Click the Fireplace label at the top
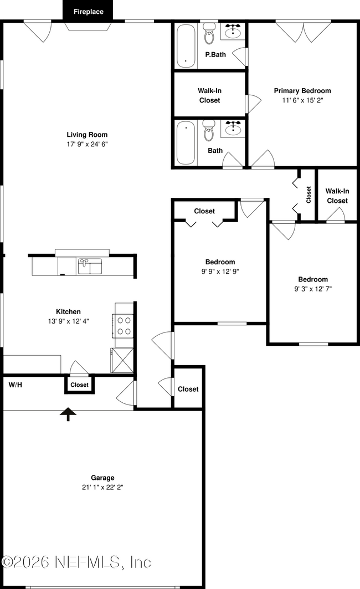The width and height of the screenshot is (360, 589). pos(89,12)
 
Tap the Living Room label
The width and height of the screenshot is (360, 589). pos(87,135)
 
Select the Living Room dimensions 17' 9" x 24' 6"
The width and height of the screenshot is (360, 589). pos(87,144)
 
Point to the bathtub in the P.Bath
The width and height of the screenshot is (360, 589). pos(186,46)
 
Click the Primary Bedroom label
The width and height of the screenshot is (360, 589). pos(302,90)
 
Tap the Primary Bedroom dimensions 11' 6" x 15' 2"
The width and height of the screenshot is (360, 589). pos(302,100)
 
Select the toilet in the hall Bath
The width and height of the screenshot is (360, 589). pos(209,130)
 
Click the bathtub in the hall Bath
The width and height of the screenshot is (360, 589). pos(186,143)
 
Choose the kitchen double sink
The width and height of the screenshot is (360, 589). pos(90,267)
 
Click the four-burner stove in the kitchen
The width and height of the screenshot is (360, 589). pos(124,326)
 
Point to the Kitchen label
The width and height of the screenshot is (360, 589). pos(68,311)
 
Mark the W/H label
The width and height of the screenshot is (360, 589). pos(16,385)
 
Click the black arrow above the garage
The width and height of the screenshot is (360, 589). pos(68,414)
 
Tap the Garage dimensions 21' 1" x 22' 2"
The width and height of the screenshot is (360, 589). pos(102,487)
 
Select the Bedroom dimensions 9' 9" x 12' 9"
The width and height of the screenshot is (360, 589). pos(220,272)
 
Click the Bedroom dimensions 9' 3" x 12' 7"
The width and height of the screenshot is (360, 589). pos(313,289)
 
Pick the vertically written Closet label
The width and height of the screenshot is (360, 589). pos(308,194)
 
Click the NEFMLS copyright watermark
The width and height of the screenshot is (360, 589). pos(76,562)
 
